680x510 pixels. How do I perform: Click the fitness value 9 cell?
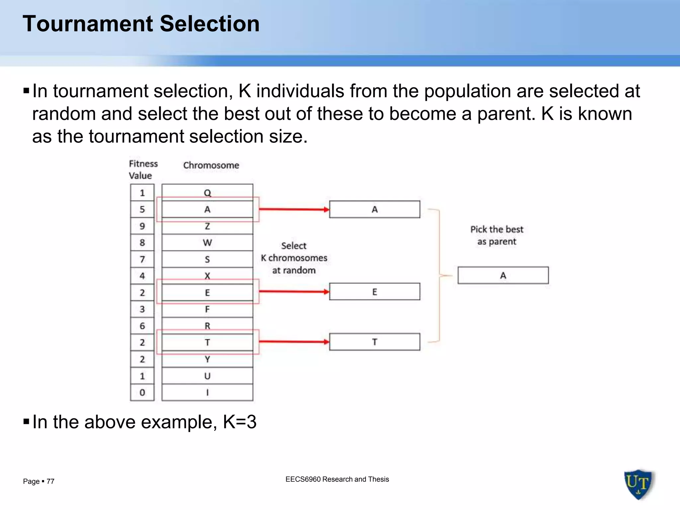click(142, 226)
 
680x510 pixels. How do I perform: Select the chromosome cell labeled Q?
click(207, 192)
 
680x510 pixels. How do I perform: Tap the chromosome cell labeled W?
click(207, 243)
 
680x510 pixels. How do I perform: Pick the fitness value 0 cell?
click(142, 392)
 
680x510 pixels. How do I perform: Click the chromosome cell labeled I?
click(207, 392)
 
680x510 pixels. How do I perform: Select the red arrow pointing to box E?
click(294, 292)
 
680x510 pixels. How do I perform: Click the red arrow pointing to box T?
click(294, 342)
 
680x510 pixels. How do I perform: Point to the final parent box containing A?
click(503, 275)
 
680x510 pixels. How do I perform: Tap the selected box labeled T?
click(375, 342)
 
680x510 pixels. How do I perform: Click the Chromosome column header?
click(211, 165)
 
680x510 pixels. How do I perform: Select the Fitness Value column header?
click(143, 170)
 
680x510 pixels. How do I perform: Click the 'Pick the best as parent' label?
click(497, 235)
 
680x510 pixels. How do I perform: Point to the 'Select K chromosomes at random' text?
click(294, 258)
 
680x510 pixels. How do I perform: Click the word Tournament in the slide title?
click(87, 24)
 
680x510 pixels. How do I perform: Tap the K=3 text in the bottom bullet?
click(239, 422)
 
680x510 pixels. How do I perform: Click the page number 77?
click(50, 481)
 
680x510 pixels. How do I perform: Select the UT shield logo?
click(638, 484)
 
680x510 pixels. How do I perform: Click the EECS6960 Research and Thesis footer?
click(337, 479)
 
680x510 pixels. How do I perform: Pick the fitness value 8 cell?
click(142, 243)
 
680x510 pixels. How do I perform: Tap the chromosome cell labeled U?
click(207, 376)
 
